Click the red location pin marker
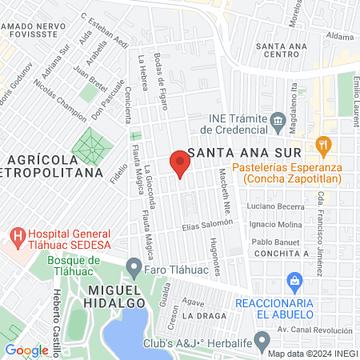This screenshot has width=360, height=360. point(180,164)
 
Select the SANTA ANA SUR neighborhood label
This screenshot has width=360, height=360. point(243,153)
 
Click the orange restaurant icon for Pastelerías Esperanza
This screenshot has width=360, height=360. point(324,145)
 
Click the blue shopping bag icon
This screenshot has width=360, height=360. point(294,282)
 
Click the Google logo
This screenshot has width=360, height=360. point(26,350)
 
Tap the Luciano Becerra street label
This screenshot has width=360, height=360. point(271,206)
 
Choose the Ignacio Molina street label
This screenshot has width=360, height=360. point(274,224)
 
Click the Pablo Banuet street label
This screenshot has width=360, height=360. point(274,242)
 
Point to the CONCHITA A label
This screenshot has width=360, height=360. point(282,253)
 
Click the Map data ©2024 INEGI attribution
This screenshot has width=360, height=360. point(312,354)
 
